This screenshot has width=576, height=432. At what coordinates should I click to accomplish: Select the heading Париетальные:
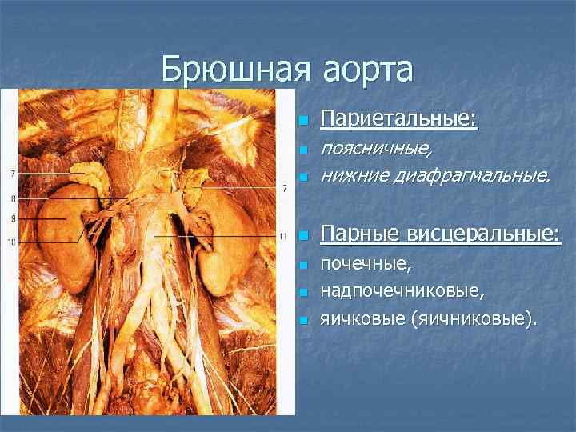tap(398, 119)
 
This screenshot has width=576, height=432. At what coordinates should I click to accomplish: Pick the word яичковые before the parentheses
tap(362, 319)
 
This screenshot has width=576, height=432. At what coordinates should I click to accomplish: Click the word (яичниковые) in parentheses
tap(473, 319)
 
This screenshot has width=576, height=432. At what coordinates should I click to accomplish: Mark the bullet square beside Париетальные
tap(302, 122)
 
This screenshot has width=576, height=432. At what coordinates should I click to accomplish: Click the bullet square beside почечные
tap(302, 265)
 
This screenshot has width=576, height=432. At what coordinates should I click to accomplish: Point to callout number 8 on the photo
tap(14, 198)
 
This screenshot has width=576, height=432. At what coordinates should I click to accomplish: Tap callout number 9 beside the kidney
tap(14, 218)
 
